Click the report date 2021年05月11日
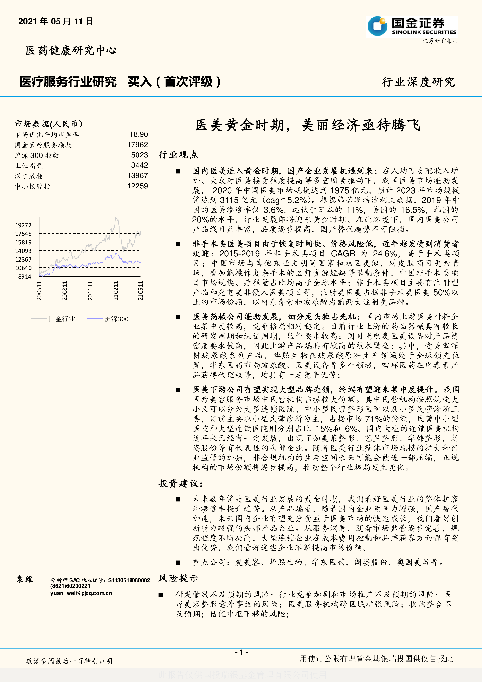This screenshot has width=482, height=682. [56, 21]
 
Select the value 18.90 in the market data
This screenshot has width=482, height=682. [139, 135]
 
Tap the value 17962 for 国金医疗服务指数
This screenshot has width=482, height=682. [137, 145]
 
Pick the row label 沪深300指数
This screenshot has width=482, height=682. [37, 155]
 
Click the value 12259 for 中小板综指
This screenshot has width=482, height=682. [137, 186]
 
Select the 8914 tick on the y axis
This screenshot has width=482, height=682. [25, 276]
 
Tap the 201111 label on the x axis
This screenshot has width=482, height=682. [90, 290]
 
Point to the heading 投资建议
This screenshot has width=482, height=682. [180, 483]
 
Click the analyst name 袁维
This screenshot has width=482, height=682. [25, 579]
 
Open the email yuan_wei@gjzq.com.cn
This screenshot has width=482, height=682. [81, 593]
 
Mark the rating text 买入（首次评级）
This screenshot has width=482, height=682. [174, 82]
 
